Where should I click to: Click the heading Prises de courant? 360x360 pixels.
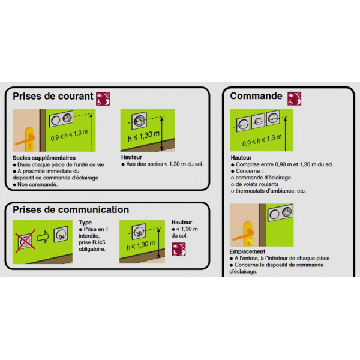[x=53, y=97]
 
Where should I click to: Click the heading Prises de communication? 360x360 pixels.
[x=71, y=210]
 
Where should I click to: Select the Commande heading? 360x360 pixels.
[x=256, y=96]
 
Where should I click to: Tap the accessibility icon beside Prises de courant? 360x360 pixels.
[x=104, y=98]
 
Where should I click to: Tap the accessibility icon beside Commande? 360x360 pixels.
[x=294, y=98]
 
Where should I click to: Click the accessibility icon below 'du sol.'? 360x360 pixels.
[x=178, y=251]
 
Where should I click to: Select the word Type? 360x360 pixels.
[x=85, y=222]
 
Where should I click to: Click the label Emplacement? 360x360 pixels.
[x=248, y=251]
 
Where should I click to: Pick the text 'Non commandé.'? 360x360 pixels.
[x=38, y=184]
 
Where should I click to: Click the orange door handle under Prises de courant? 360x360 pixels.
[x=26, y=140]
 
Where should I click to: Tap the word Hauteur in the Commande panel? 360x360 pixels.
[x=241, y=157]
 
